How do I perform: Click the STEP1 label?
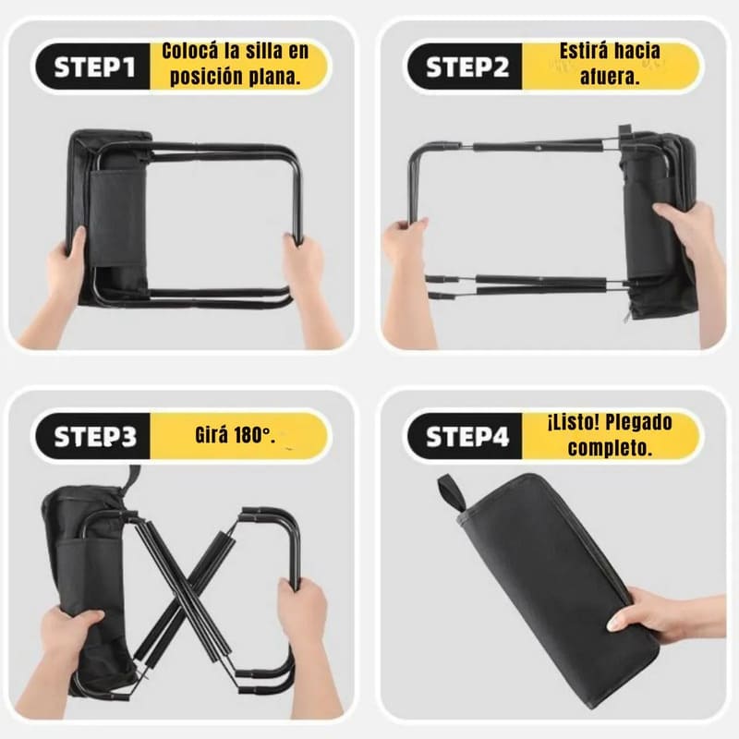(x=94, y=67)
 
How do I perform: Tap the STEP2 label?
(x=467, y=67)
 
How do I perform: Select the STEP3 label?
(x=95, y=436)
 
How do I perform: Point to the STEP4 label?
(x=467, y=436)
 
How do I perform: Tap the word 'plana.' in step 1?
(x=274, y=77)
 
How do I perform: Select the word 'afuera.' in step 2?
(x=610, y=77)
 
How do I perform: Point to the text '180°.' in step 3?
(x=255, y=435)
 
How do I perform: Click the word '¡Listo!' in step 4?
(x=574, y=422)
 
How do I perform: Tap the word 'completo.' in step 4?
(x=610, y=448)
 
